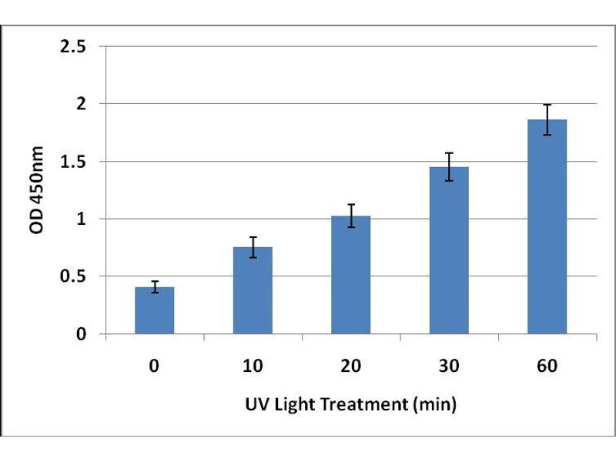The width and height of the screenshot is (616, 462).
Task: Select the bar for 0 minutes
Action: (x=154, y=312)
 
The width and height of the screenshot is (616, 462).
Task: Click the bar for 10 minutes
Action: (x=253, y=293)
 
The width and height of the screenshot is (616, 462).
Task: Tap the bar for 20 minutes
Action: (x=350, y=277)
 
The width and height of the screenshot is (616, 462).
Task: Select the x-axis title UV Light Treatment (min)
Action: (x=350, y=403)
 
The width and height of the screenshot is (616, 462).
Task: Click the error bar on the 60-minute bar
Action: (x=547, y=119)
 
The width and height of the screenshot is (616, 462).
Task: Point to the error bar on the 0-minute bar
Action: (x=154, y=287)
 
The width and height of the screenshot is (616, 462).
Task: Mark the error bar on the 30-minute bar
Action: (x=449, y=166)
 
